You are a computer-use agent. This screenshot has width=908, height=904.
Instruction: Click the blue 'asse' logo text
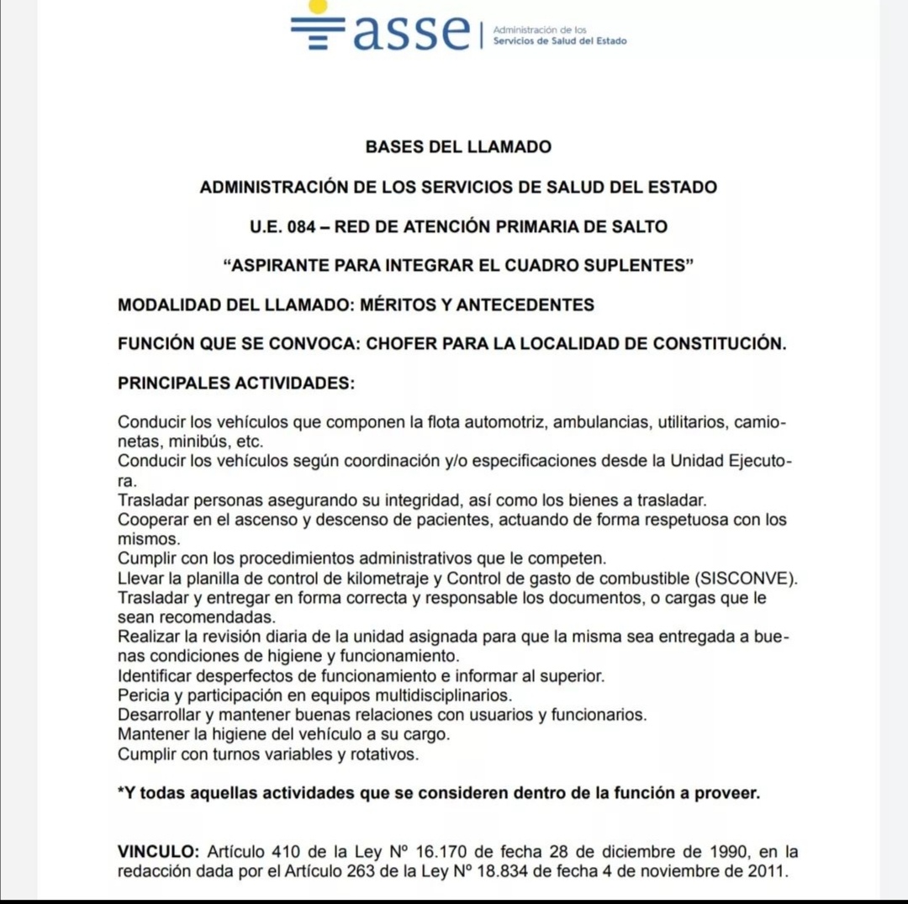click(410, 33)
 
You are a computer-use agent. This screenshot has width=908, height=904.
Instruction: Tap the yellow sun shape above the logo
click(318, 6)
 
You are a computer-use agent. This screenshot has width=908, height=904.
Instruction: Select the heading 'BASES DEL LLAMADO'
click(458, 147)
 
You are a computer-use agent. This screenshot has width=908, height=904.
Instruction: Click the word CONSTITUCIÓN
click(715, 344)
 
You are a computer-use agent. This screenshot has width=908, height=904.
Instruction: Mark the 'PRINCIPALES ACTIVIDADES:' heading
click(236, 383)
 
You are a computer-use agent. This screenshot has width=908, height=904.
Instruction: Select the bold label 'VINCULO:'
click(159, 852)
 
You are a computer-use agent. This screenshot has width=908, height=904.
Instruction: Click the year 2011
click(768, 872)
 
